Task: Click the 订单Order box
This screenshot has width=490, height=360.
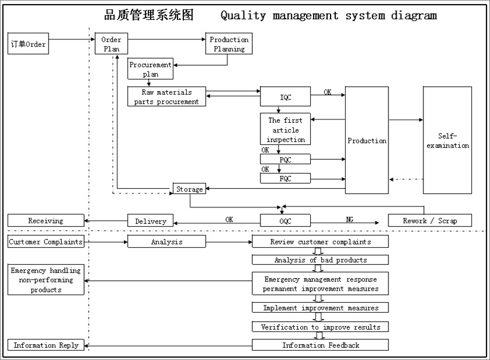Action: (x=28, y=44)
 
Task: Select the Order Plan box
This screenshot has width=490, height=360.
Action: (x=111, y=44)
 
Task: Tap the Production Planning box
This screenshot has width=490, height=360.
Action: (x=229, y=44)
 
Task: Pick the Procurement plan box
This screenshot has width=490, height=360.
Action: (x=150, y=69)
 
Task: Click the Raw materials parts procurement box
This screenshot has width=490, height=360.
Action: (x=166, y=96)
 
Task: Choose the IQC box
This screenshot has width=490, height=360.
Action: (x=285, y=97)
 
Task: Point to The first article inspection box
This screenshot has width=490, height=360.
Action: (x=286, y=130)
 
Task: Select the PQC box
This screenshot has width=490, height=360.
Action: (x=286, y=159)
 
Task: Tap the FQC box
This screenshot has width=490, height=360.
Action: (x=286, y=178)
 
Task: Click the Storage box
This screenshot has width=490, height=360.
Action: (x=190, y=189)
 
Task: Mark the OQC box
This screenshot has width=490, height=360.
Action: (x=285, y=221)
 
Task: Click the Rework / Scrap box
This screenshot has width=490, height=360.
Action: (x=430, y=221)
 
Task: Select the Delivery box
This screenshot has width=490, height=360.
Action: (x=151, y=221)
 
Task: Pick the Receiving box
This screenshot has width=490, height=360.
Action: (x=46, y=221)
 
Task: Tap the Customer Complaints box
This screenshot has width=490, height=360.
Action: (x=46, y=241)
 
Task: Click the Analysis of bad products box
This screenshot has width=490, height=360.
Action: (x=320, y=259)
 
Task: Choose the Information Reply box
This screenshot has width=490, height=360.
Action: (x=46, y=345)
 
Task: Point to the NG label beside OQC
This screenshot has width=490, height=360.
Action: (x=349, y=219)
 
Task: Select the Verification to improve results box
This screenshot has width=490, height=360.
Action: (x=320, y=327)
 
